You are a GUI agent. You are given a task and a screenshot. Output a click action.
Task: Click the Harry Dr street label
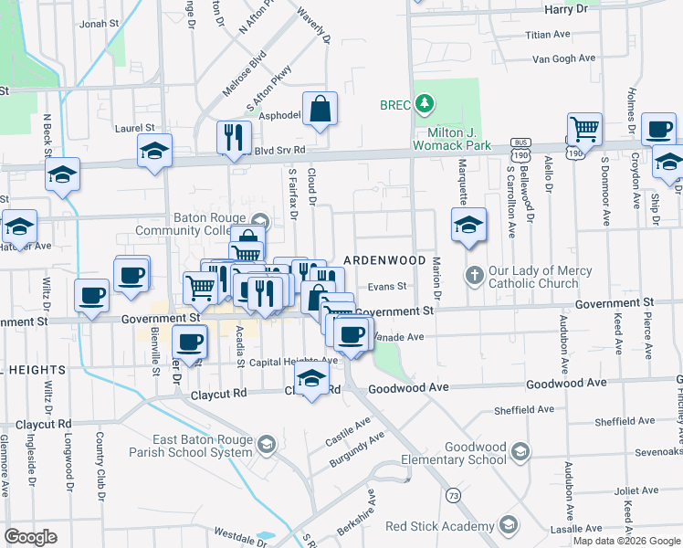pos(566,8)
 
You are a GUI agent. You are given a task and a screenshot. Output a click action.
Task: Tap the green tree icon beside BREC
pos(423,104)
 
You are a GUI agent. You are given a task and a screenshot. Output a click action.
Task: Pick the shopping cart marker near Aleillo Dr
pos(584,130)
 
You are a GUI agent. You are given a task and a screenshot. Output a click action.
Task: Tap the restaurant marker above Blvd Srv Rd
pos(234,137)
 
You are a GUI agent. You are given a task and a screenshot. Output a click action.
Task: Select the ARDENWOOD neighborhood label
pos(384,260)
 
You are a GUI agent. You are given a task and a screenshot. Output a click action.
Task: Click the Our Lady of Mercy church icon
pos(474,275)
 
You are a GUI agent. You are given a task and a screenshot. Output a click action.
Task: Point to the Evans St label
pos(386,286)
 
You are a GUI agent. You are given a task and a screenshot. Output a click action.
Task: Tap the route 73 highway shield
pos(453,494)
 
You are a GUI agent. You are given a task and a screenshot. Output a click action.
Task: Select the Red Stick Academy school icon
pos(507,526)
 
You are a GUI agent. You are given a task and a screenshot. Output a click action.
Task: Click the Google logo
pos(30,537)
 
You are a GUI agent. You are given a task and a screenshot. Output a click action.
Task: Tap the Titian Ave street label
pos(547,35)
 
